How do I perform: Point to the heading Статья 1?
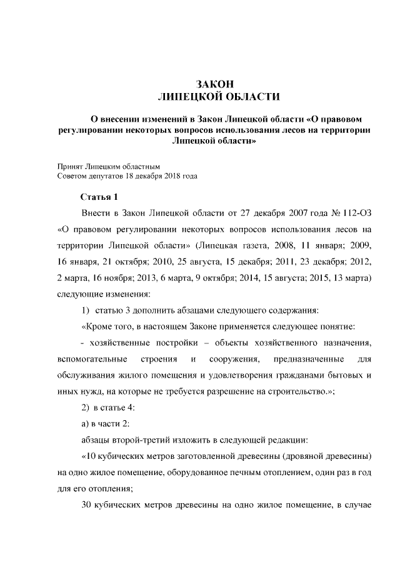coord(99,197)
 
